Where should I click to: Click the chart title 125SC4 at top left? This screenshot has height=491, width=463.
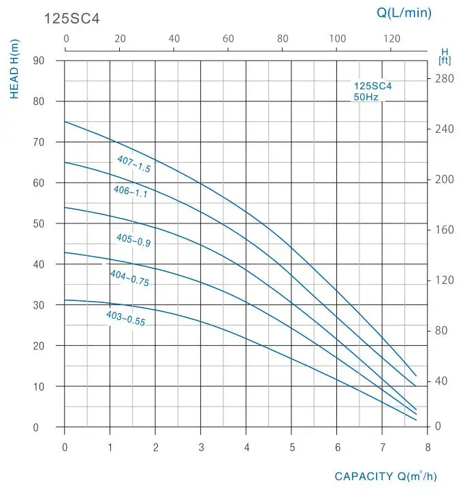point(72,18)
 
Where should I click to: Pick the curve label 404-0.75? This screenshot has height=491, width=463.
point(129,278)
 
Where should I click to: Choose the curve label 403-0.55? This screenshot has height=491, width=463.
point(126,318)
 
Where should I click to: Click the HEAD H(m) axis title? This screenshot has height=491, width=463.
point(16,69)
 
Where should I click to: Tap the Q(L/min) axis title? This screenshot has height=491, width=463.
point(404,12)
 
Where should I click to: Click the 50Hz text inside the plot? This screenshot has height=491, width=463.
point(366,97)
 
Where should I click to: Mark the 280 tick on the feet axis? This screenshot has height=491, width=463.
point(444,79)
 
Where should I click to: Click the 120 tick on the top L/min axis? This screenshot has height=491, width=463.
point(392,38)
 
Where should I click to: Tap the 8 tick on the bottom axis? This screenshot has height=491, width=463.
point(428,447)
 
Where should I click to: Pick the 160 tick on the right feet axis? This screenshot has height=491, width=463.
point(444,229)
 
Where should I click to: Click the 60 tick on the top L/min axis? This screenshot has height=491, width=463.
point(228,38)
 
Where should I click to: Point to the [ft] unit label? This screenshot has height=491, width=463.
point(445,60)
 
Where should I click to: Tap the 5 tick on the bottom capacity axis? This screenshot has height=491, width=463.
point(291,447)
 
